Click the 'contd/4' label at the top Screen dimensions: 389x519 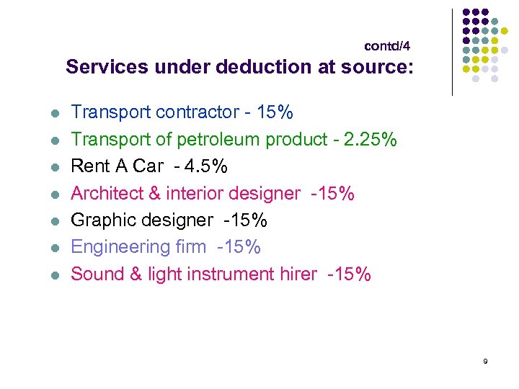click(387, 46)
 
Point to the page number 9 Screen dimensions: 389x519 click(485, 361)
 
